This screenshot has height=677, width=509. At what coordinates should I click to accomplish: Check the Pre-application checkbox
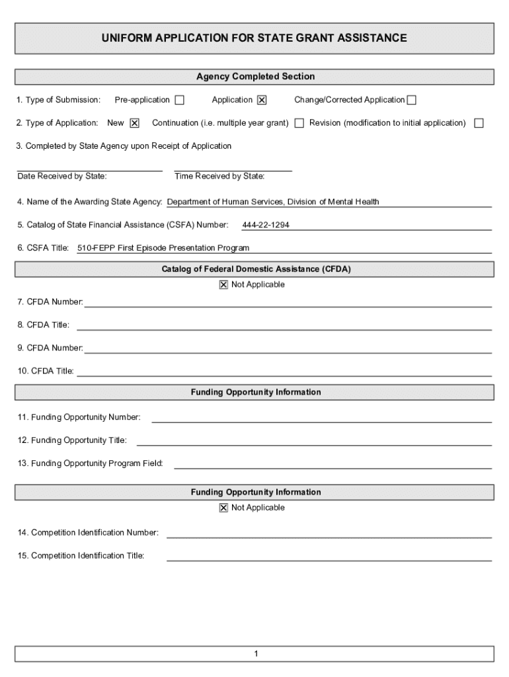pyautogui.click(x=179, y=100)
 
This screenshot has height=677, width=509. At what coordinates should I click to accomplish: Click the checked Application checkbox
pyautogui.click(x=262, y=100)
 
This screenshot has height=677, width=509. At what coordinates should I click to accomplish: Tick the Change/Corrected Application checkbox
pyautogui.click(x=412, y=100)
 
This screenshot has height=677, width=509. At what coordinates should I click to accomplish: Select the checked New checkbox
pyautogui.click(x=134, y=123)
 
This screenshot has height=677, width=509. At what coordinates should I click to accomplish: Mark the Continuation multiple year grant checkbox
pyautogui.click(x=299, y=123)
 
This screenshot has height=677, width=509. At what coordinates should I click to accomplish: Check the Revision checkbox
pyautogui.click(x=479, y=123)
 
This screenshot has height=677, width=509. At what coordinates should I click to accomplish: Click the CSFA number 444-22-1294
pyautogui.click(x=266, y=225)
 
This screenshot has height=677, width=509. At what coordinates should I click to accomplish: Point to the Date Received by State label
pyautogui.click(x=62, y=177)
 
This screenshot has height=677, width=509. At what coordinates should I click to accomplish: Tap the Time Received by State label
pyautogui.click(x=219, y=177)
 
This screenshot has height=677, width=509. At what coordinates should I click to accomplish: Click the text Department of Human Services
pyautogui.click(x=225, y=202)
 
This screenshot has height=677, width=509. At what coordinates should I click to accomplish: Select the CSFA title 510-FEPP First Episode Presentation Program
pyautogui.click(x=163, y=249)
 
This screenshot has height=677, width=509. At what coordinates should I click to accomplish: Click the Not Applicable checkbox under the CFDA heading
pyautogui.click(x=223, y=285)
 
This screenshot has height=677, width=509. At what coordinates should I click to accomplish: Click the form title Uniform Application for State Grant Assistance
pyautogui.click(x=254, y=38)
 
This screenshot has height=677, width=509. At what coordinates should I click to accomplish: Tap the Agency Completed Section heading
pyautogui.click(x=255, y=77)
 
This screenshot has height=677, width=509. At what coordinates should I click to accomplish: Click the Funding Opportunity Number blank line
pyautogui.click(x=321, y=418)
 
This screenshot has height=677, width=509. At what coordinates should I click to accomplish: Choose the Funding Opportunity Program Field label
pyautogui.click(x=91, y=463)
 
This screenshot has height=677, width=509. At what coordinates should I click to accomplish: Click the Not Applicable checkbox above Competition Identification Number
pyautogui.click(x=223, y=508)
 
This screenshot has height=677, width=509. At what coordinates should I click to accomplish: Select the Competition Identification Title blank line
pyautogui.click(x=329, y=557)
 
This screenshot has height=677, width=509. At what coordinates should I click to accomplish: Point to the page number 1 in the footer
pyautogui.click(x=255, y=655)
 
